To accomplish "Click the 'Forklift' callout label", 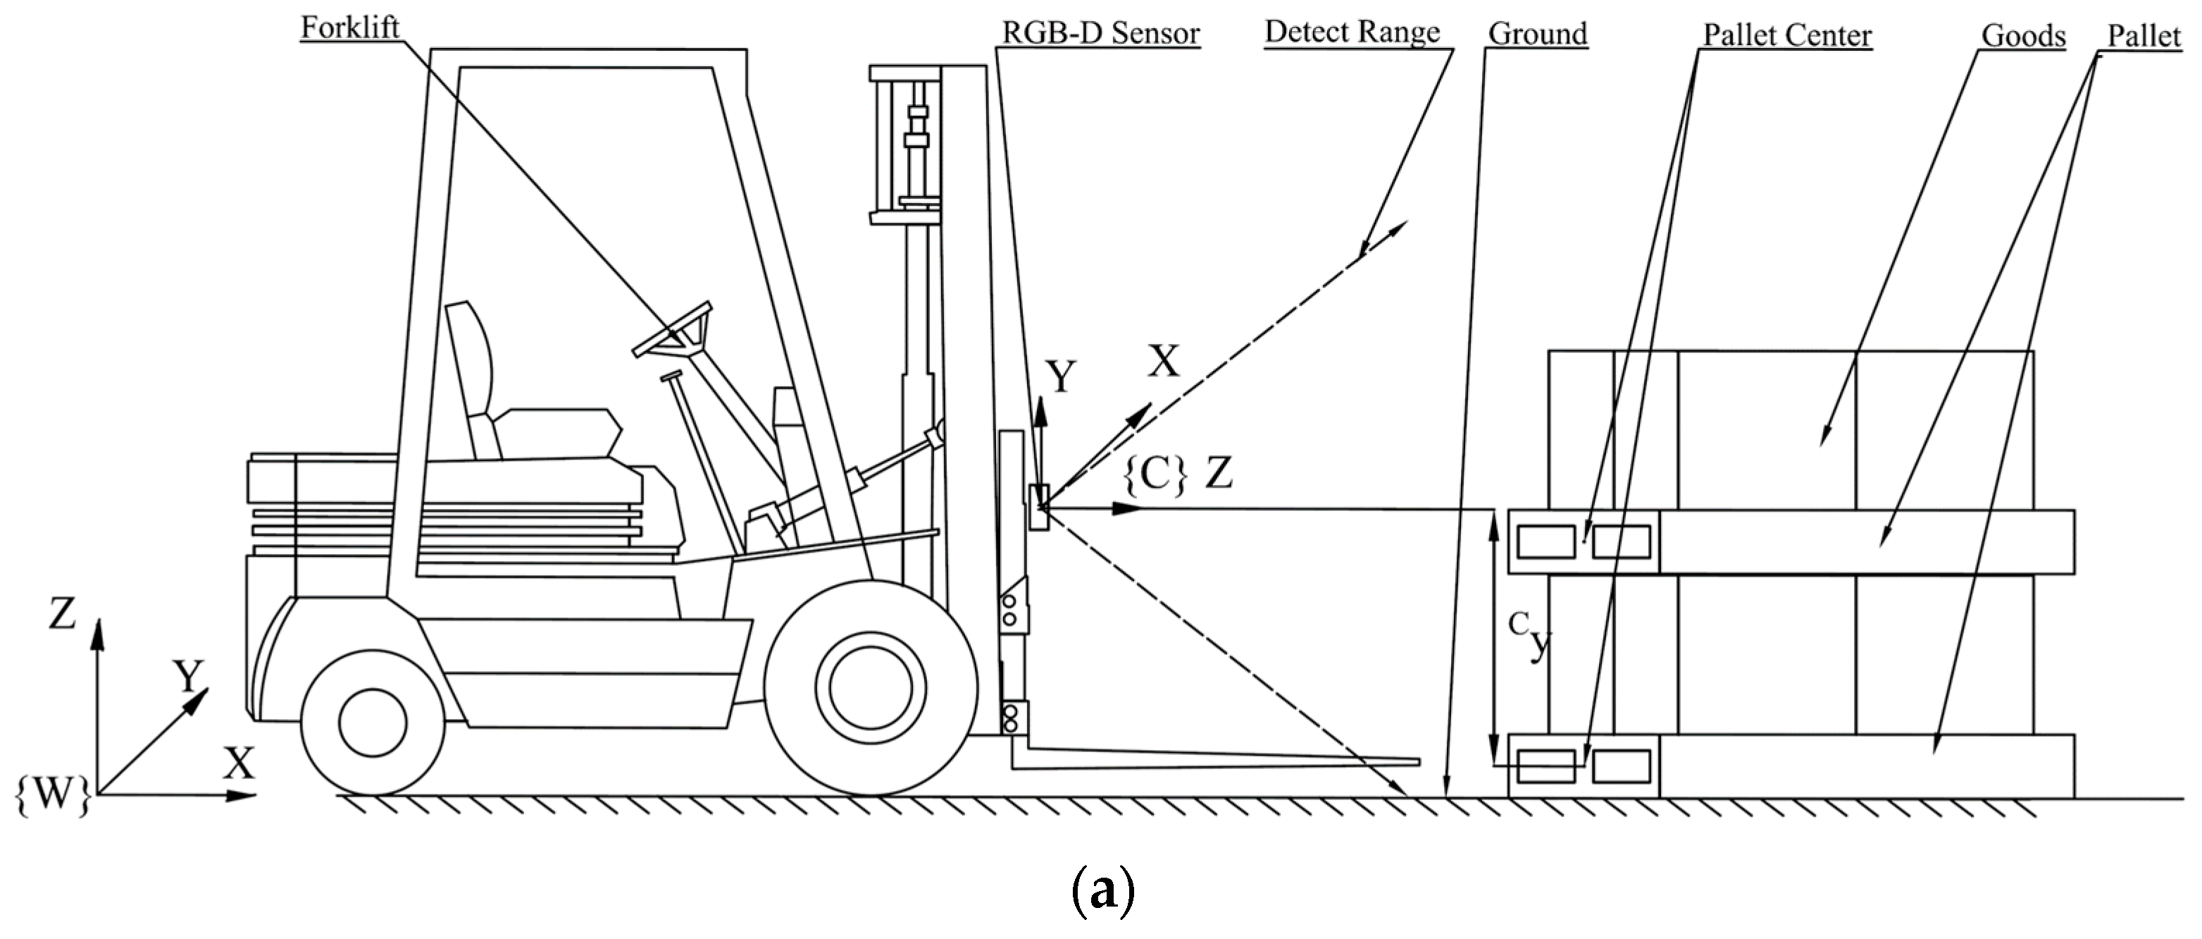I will (349, 27).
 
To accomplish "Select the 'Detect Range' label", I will (1352, 32).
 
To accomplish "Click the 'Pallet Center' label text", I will (1786, 35).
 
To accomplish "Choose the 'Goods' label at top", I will (2022, 36).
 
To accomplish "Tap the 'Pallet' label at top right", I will (2144, 36).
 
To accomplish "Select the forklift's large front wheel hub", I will (870, 687).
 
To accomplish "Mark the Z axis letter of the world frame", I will (61, 613).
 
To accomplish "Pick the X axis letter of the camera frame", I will (1162, 362).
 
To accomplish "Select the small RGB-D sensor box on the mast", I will (1038, 507).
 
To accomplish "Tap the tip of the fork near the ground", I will (1414, 761).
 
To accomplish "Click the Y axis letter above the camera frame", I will (1061, 376).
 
